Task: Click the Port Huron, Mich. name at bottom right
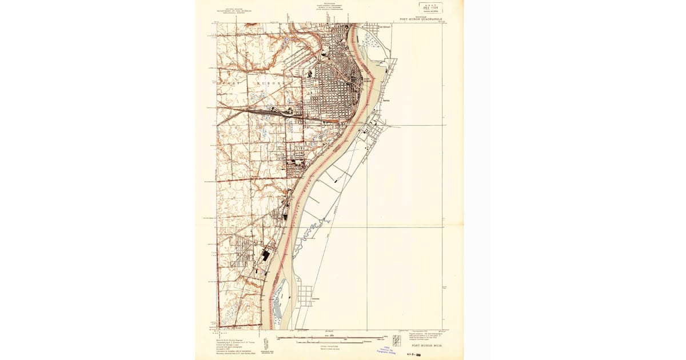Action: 426,346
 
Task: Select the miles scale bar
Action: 329,338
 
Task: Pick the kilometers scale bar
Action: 329,342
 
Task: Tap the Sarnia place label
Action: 378,100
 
